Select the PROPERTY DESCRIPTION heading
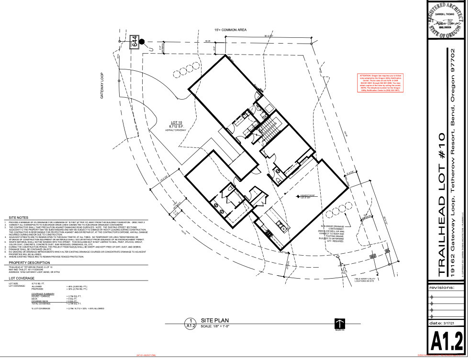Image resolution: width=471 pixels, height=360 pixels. [x=29, y=262]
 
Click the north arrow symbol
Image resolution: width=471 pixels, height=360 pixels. [x=339, y=324]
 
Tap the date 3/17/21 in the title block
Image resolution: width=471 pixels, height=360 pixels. [x=446, y=324]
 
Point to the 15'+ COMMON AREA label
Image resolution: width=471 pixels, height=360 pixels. [x=230, y=30]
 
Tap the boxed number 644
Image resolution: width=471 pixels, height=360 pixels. [x=135, y=42]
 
